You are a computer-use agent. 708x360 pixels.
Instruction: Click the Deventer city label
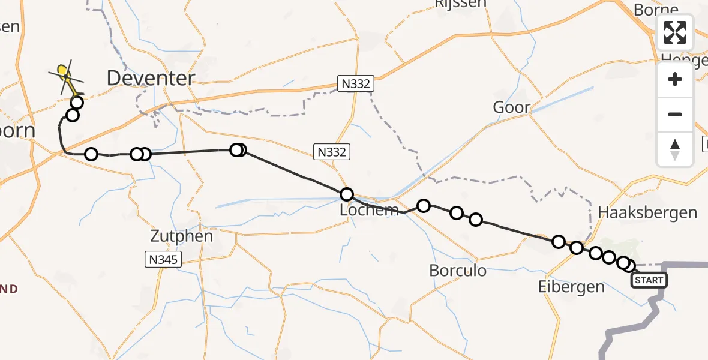point(151,77)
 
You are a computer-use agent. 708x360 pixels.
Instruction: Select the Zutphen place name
point(182,236)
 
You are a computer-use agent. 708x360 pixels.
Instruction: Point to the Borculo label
point(458,270)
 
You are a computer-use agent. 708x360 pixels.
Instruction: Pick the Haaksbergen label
point(647,212)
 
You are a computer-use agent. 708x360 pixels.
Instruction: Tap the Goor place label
point(511,108)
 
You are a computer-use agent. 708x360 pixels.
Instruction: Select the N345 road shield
point(163,259)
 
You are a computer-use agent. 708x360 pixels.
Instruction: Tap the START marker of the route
point(649,280)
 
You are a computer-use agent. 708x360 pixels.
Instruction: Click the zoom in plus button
point(675,79)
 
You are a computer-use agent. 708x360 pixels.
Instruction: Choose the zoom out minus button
point(675,114)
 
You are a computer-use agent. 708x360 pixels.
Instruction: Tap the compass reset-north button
point(675,149)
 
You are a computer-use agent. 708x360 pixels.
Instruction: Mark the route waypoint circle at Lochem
point(347,194)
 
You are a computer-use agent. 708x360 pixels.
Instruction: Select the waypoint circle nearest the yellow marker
point(77,103)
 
